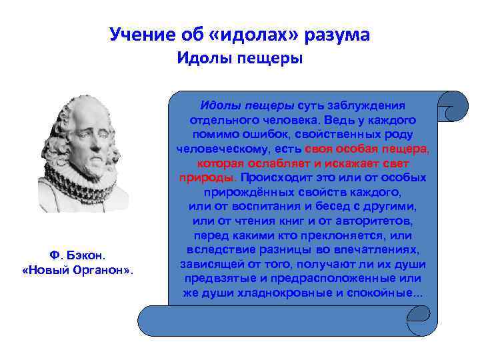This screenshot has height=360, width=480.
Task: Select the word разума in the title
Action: [339, 34]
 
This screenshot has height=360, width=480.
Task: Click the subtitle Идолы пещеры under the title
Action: [239, 59]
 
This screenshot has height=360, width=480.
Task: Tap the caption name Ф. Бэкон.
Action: [78, 255]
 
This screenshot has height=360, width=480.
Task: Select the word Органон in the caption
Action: [101, 271]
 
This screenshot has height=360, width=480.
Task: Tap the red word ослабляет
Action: [277, 163]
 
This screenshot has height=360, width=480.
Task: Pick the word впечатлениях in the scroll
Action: [376, 249]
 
